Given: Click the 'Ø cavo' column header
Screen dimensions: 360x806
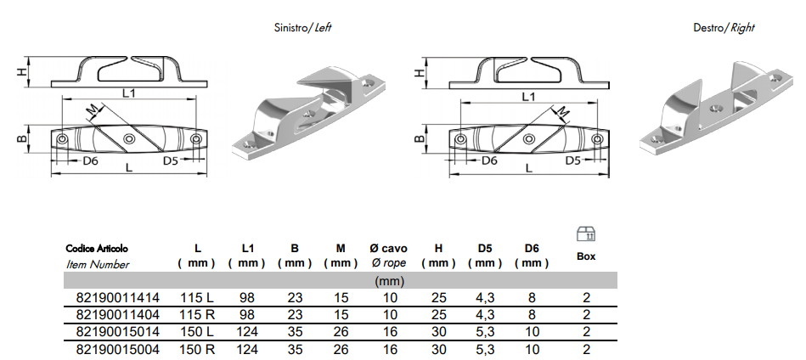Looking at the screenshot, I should click(388, 249).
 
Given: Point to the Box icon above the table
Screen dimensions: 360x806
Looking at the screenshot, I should click(585, 233).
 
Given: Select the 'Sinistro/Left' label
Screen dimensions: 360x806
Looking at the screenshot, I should click(298, 27).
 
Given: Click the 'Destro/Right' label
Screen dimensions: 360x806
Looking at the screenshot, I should click(724, 27).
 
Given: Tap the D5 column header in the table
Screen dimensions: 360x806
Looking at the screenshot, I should click(485, 249).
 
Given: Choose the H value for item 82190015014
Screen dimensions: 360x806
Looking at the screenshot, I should click(438, 330).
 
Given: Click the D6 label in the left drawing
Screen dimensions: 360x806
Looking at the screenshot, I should click(90, 160).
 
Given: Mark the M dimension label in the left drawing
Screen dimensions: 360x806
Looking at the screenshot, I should click(93, 106).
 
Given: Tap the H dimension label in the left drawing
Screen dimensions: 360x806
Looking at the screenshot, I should click(21, 72).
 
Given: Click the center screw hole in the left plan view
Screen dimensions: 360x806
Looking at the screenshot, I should click(128, 139).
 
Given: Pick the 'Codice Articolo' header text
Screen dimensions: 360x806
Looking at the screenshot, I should click(98, 249).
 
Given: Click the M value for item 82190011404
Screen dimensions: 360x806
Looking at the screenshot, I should click(341, 314).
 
